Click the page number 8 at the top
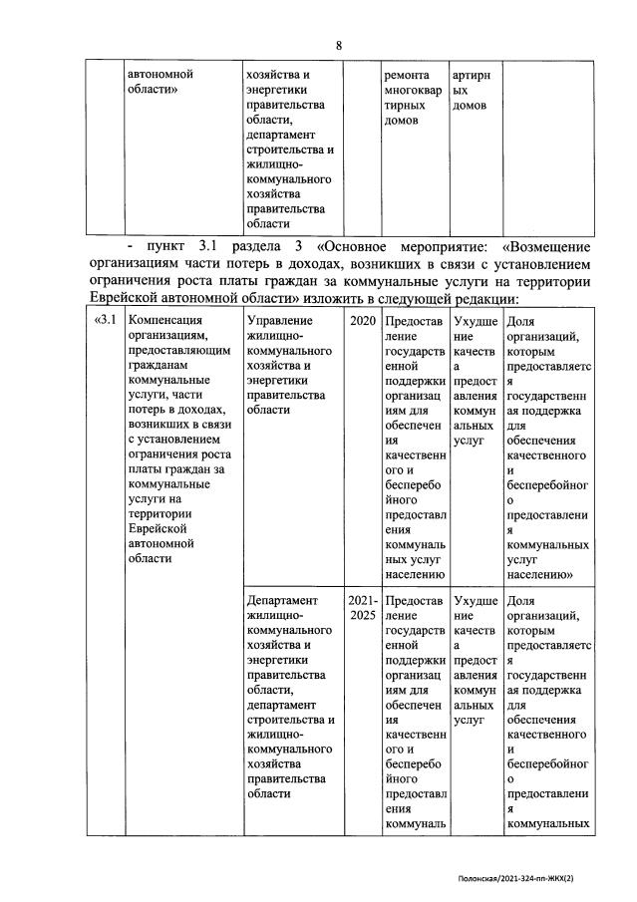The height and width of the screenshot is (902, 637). point(339,46)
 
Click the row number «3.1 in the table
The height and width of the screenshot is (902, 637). point(104,321)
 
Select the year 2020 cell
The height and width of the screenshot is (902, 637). point(363,321)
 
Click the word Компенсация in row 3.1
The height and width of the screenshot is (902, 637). point(165,321)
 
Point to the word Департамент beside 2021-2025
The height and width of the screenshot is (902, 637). point(281,601)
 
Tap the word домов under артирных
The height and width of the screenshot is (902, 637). point(470,105)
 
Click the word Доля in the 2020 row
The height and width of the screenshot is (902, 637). point(521,321)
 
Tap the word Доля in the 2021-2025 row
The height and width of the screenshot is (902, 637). point(521,601)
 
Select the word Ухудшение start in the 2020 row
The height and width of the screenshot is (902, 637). point(476,321)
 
